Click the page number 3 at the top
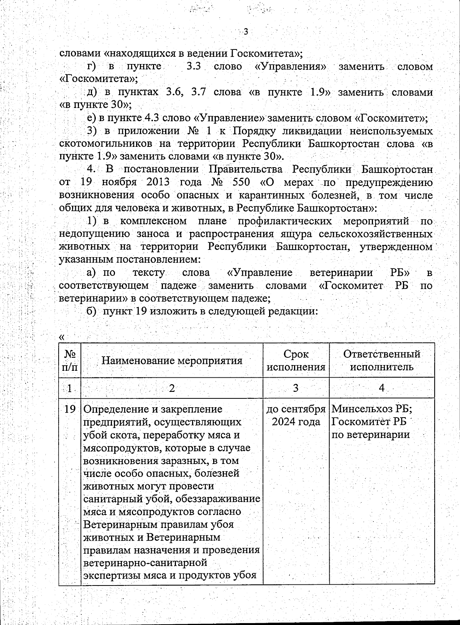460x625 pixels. (246, 32)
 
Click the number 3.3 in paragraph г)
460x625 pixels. (194, 66)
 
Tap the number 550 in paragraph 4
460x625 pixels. (241, 182)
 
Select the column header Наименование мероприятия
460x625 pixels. (172, 360)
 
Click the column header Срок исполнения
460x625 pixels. (296, 360)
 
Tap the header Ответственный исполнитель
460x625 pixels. (382, 360)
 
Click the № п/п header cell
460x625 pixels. (70, 360)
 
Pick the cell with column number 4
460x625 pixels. (382, 388)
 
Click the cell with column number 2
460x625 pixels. (172, 388)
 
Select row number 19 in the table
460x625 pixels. (69, 409)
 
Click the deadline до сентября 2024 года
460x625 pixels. (296, 416)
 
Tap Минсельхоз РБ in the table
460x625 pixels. (372, 409)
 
